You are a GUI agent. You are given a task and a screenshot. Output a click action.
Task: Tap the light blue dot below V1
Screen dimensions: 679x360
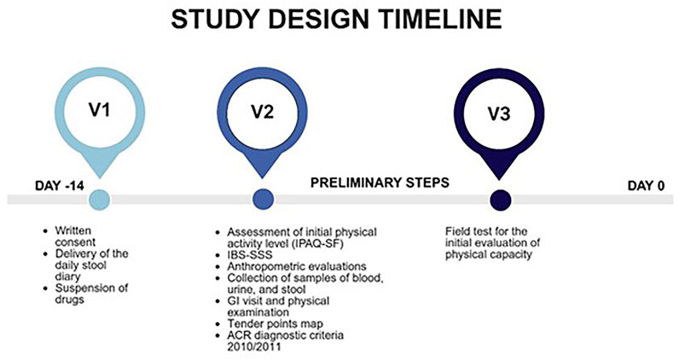click(x=98, y=200)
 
